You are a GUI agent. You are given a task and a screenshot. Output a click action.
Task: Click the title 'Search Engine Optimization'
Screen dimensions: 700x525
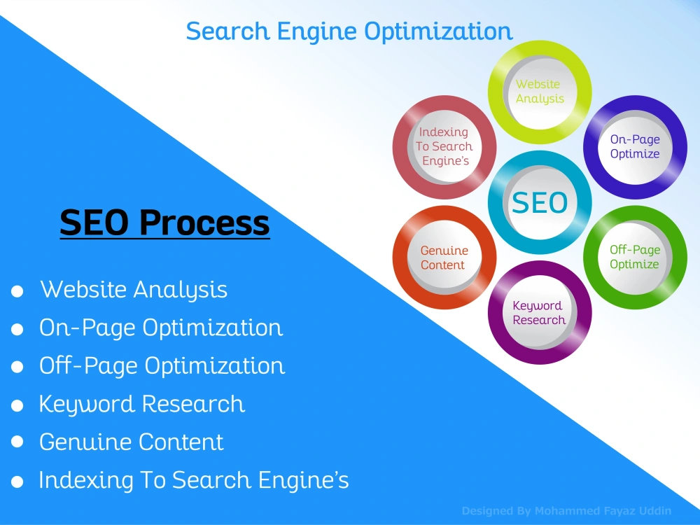pos(349,32)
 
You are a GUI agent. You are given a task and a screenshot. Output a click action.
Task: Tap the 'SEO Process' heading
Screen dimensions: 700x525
pos(164,223)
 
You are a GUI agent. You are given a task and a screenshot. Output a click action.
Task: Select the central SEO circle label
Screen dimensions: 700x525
pos(540,203)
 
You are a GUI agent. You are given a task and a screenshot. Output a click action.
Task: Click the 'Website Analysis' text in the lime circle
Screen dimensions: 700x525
pos(540,91)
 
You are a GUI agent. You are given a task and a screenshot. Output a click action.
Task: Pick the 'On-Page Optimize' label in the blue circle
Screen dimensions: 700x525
pos(635,146)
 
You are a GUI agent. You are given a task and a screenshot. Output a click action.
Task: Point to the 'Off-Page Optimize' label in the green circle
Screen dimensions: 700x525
pos(635,257)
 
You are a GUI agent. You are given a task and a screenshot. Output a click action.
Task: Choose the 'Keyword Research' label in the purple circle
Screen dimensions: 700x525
pos(539,312)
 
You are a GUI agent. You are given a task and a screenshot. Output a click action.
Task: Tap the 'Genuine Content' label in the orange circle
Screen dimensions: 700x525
pos(444,258)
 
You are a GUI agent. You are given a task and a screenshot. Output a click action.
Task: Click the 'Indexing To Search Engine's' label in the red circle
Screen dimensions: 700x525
pos(444,146)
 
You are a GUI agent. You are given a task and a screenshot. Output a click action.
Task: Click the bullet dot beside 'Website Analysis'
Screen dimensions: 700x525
pos(17,291)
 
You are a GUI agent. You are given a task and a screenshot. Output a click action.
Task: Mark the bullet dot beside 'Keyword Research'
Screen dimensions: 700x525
pos(17,406)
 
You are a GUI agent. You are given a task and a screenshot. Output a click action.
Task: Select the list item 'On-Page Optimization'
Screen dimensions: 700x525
pos(161,328)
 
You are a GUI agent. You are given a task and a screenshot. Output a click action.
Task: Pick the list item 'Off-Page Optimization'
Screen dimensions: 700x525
pos(162,366)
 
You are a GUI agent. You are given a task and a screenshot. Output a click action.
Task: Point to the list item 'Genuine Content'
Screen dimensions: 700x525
pos(132,442)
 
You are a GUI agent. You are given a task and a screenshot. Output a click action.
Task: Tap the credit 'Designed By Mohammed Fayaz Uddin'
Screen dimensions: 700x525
pos(566,511)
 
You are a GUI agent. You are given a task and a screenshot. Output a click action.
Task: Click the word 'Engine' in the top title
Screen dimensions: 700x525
pos(316,32)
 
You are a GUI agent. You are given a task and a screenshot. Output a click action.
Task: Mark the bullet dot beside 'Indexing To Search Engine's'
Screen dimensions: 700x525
pos(17,482)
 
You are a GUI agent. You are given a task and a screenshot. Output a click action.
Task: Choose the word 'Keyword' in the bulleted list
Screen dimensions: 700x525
pos(87,405)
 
